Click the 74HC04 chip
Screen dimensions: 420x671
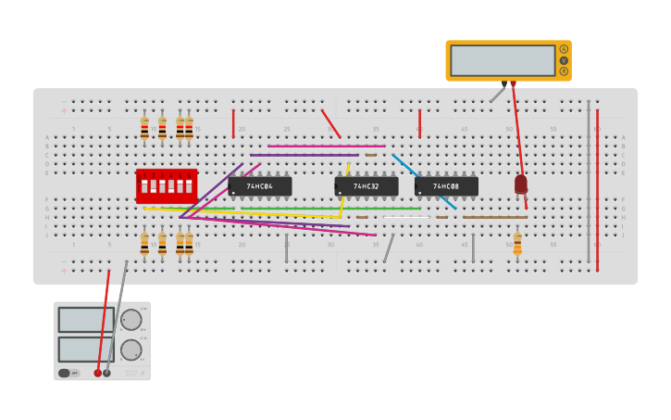click(x=260, y=186)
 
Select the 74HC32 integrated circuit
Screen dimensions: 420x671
click(x=367, y=186)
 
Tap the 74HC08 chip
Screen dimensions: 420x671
click(x=446, y=186)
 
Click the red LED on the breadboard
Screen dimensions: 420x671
click(x=521, y=185)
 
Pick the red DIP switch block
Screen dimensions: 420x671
click(x=167, y=185)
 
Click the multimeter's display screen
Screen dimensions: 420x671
click(x=503, y=60)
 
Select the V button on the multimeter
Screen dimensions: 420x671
click(x=564, y=60)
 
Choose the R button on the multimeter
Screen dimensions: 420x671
click(x=564, y=71)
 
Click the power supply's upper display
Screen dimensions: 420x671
click(x=86, y=320)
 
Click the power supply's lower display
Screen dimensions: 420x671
click(x=86, y=350)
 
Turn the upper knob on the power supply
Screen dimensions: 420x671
click(x=130, y=320)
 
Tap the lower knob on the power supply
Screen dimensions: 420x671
click(x=130, y=350)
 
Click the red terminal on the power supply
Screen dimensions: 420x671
click(x=97, y=373)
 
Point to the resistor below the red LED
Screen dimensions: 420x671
click(x=517, y=244)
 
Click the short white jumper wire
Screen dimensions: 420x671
click(x=407, y=217)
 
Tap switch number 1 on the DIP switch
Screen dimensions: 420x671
click(x=143, y=186)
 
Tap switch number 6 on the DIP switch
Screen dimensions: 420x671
click(x=189, y=186)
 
